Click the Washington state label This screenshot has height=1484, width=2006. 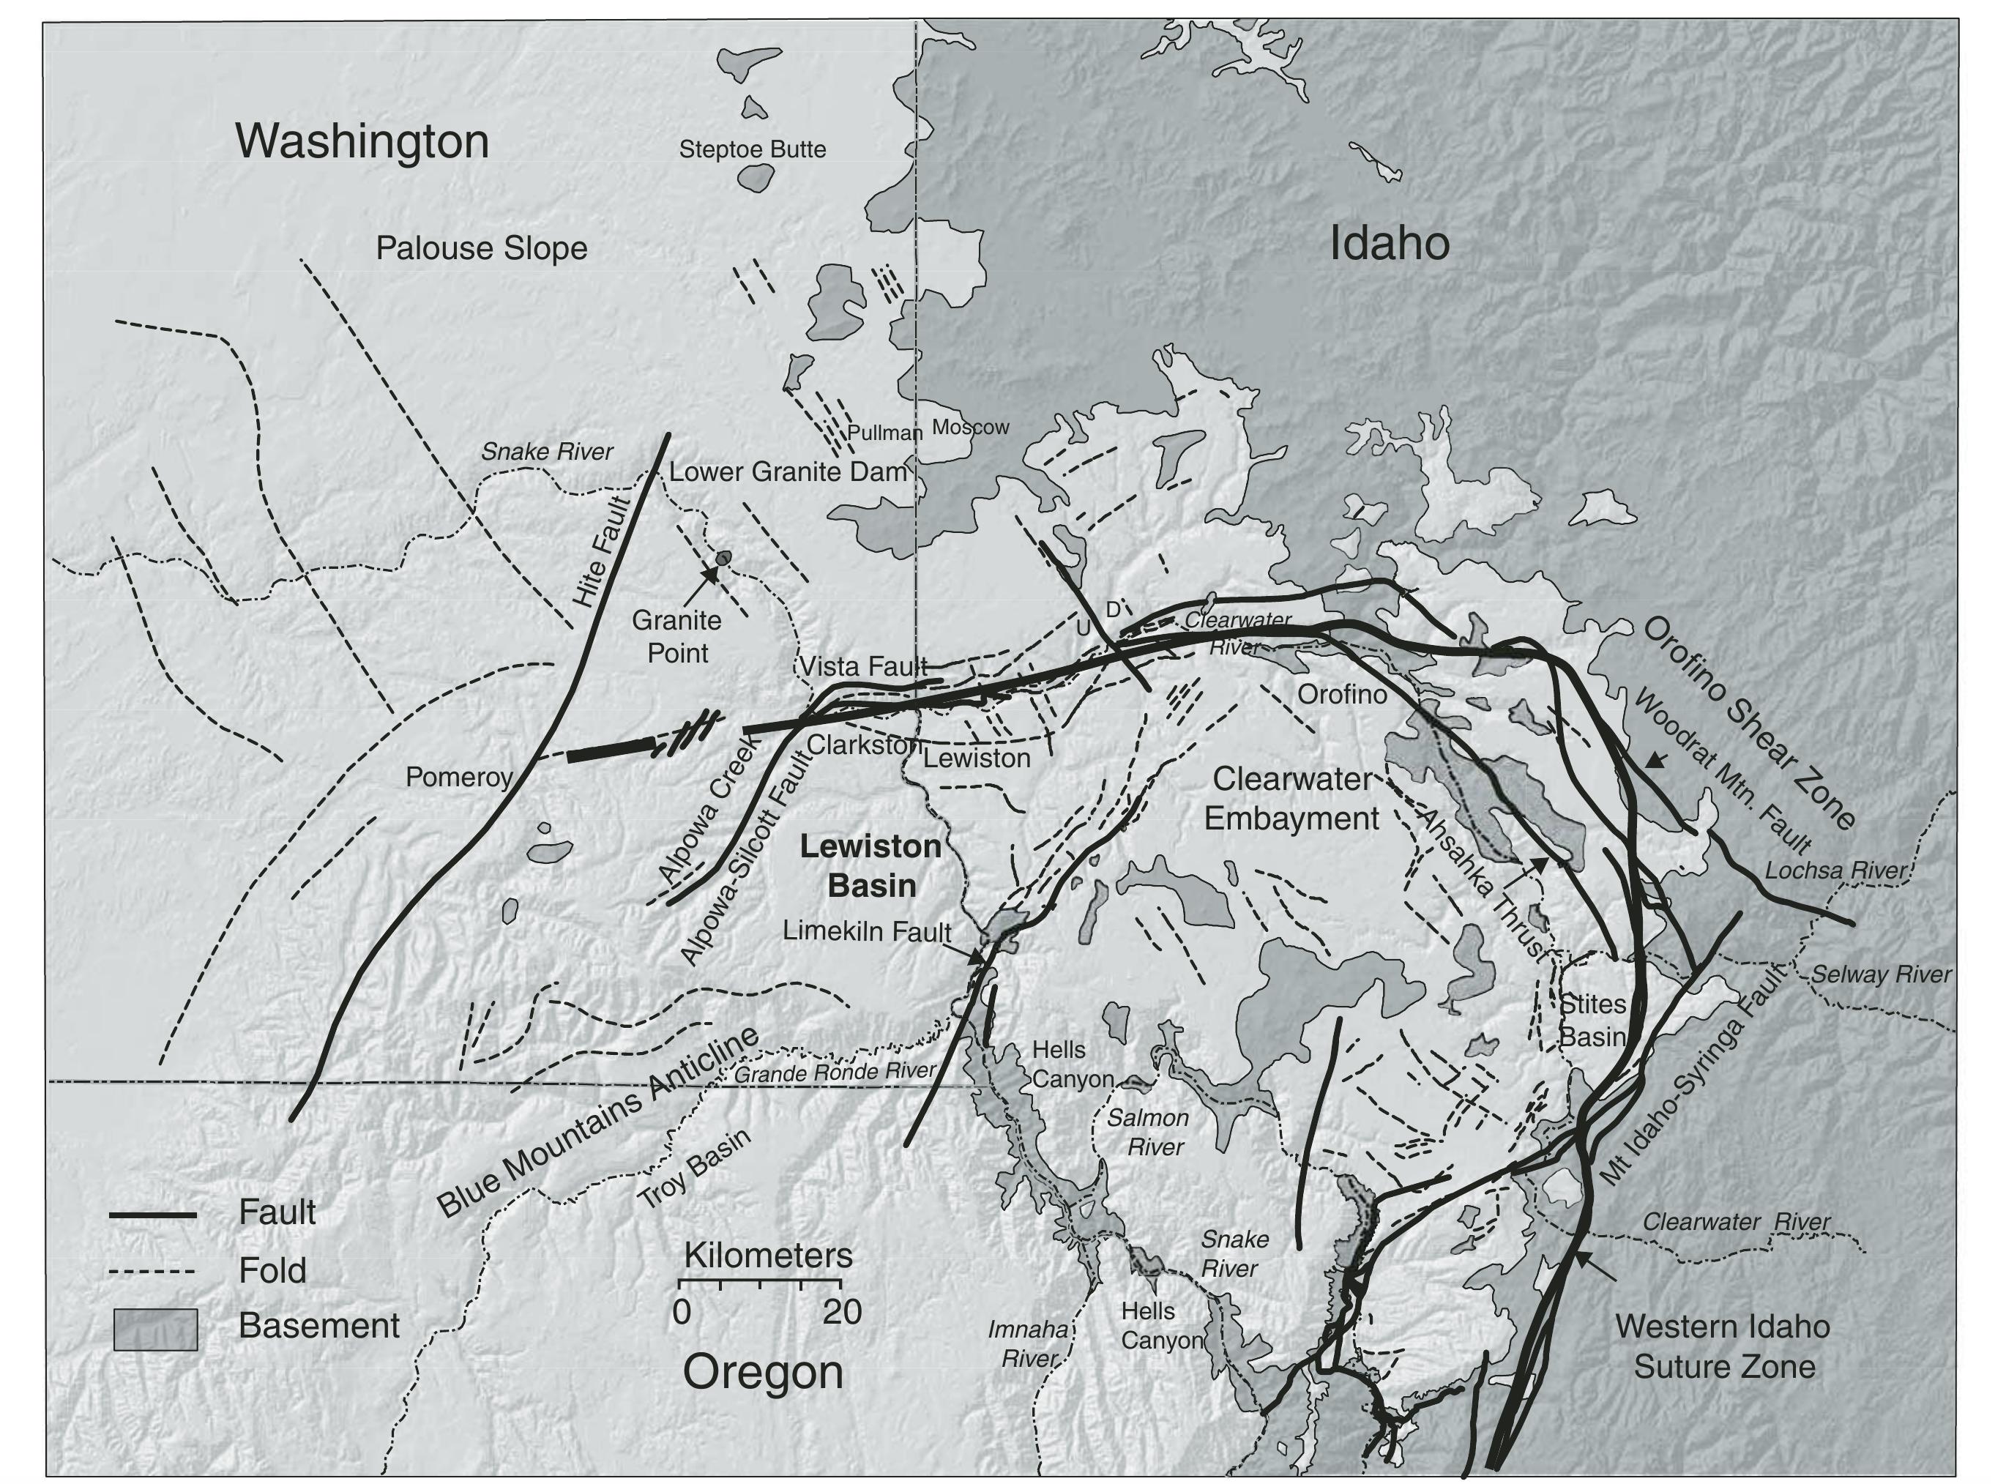(362, 141)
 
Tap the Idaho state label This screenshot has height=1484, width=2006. (1389, 244)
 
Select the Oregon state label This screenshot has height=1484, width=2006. (763, 1372)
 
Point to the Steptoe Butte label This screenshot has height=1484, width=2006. (752, 149)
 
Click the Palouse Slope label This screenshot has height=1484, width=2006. (482, 249)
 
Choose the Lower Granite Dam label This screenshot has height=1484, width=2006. (788, 471)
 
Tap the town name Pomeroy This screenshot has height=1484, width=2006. (458, 777)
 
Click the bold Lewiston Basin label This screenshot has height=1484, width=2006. (870, 866)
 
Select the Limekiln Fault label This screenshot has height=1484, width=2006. (866, 931)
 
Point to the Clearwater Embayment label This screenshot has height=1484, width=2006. (1291, 799)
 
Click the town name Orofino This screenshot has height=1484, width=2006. (1342, 694)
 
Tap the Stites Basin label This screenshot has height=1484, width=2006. (1592, 1021)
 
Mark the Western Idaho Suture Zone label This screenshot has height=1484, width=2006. (1722, 1346)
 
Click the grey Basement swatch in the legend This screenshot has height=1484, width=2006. (155, 1330)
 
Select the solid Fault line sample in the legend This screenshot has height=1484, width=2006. (153, 1216)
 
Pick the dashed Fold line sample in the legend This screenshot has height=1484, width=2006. (153, 1272)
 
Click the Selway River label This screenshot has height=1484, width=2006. (1880, 974)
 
